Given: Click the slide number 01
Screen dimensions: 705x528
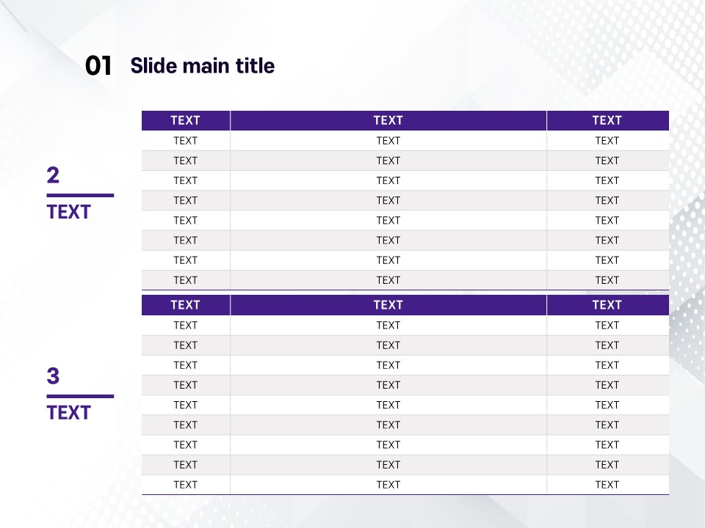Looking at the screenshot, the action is tap(98, 65).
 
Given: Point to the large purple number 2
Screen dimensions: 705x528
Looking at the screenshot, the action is tap(53, 175).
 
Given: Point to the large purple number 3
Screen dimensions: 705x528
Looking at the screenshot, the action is tap(53, 375).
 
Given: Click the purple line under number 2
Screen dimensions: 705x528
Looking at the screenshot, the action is tap(80, 195).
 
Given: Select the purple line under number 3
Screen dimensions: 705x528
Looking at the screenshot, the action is tap(80, 396).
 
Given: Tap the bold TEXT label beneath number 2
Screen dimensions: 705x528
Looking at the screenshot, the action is tap(69, 212).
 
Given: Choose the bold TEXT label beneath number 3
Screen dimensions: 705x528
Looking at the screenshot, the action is tap(69, 413).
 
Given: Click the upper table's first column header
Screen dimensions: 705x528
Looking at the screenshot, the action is tap(185, 120).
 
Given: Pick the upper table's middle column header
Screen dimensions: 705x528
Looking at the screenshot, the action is tap(388, 120).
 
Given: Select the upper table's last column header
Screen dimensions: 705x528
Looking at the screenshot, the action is tap(607, 120).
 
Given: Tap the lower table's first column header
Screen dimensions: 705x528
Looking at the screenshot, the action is tap(185, 305).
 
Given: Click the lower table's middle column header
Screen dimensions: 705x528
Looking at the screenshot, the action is tap(388, 305).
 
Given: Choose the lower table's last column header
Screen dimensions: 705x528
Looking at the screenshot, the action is tap(607, 305).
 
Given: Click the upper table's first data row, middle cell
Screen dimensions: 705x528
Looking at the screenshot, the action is tap(388, 141).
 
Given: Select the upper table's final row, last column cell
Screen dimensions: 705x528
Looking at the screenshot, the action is tap(607, 280).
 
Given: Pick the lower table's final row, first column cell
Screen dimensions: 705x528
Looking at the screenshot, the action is tap(185, 485).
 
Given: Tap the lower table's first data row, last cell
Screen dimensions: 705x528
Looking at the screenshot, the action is tap(607, 325).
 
